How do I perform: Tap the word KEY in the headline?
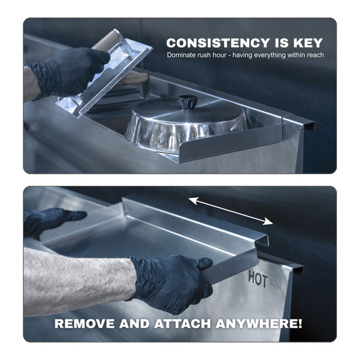(307, 43)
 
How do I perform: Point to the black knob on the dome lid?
(187, 103)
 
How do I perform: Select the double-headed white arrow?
(230, 210)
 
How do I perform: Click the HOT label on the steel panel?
(259, 277)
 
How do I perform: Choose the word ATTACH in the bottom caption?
(186, 323)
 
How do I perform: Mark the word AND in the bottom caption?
(140, 323)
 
